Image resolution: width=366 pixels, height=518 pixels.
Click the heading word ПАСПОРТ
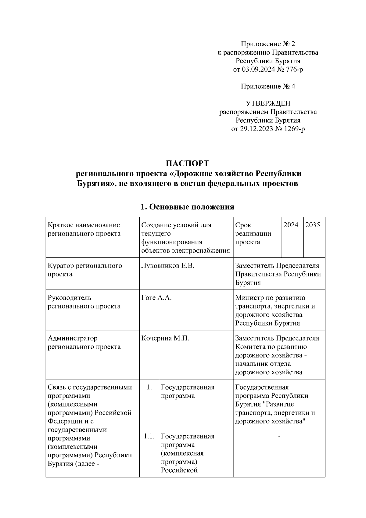187,164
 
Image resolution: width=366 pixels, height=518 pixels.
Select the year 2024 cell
291,225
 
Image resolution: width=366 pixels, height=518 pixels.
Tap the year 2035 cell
313,225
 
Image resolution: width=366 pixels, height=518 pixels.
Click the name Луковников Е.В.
168,266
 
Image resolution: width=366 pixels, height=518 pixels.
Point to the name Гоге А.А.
156,298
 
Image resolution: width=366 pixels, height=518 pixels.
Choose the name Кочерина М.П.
165,338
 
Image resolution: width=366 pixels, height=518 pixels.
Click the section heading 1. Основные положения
187,207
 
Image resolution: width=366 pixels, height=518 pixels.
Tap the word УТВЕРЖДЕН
268,103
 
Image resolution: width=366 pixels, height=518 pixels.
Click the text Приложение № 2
268,44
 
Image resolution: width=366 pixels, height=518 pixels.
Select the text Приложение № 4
268,86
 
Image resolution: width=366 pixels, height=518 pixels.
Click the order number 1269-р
294,129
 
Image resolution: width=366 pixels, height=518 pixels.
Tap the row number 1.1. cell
149,436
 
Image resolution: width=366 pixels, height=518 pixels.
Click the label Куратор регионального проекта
85,270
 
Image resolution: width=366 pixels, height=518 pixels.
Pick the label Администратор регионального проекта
84,342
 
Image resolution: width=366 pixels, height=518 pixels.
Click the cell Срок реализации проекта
253,234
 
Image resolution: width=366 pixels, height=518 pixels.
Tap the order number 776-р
294,70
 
